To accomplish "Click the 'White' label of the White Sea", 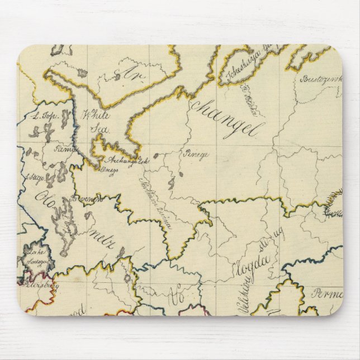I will pos(96,117).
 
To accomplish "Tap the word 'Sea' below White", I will pos(98,128).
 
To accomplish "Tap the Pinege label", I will pos(196,153).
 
